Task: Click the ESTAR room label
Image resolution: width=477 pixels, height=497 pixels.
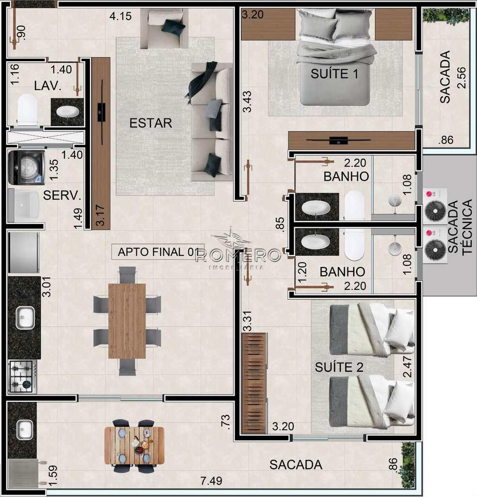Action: [151, 123]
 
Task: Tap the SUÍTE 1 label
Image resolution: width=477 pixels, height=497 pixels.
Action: [334, 74]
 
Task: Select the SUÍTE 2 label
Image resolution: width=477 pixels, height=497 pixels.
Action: [339, 367]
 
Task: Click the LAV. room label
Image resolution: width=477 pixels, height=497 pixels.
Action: [48, 85]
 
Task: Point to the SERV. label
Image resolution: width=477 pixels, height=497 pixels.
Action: [62, 195]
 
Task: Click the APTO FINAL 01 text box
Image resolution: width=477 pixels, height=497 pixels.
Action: [158, 252]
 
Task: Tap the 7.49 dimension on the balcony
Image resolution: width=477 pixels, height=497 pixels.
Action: [211, 481]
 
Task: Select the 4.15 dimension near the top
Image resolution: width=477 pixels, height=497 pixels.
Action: [121, 16]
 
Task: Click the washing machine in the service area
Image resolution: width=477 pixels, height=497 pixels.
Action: [27, 167]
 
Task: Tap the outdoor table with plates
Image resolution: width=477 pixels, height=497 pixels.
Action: [135, 446]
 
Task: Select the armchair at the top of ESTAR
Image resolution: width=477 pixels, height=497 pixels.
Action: [164, 28]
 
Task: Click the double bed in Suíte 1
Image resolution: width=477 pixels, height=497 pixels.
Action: [335, 57]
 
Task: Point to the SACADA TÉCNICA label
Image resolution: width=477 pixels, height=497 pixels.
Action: [460, 227]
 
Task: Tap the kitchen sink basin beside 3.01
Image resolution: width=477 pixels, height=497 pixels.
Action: [25, 318]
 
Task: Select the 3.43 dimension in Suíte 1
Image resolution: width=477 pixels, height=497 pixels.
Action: [247, 101]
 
